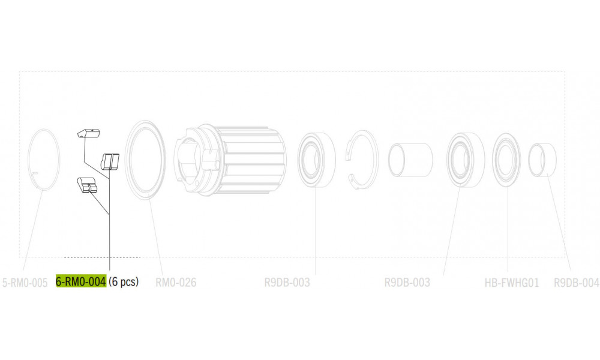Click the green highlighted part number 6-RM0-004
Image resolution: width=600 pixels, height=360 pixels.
tap(81, 281)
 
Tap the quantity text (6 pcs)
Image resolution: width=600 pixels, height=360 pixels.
tap(124, 282)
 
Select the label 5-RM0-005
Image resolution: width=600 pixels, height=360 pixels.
tap(25, 283)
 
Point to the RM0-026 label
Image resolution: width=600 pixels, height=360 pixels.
tap(176, 283)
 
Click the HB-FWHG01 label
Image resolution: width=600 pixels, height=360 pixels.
tap(512, 283)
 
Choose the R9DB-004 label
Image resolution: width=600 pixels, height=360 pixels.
tap(576, 283)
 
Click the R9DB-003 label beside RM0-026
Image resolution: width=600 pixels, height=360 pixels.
tap(287, 283)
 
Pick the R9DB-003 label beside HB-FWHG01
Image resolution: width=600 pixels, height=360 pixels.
tap(407, 283)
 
